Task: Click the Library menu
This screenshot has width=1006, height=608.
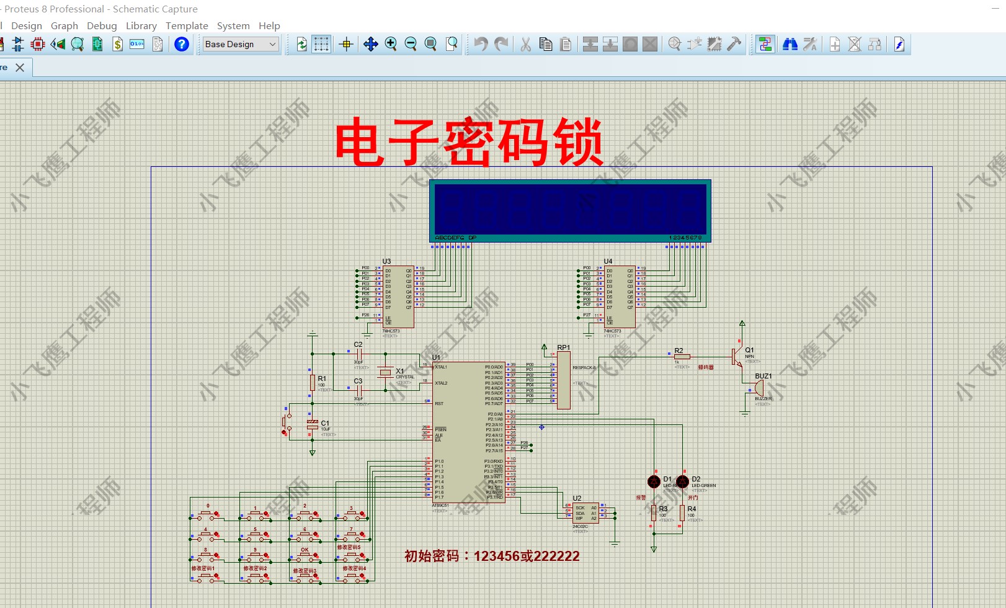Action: click(x=141, y=25)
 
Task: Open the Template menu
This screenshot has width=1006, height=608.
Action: click(x=187, y=25)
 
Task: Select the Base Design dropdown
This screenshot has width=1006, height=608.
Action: click(x=241, y=44)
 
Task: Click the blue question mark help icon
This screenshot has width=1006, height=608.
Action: click(x=182, y=44)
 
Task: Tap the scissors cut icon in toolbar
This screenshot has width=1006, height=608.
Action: click(x=526, y=44)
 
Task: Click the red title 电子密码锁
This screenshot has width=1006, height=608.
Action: click(x=469, y=142)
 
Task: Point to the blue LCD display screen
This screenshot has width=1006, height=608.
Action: click(x=570, y=209)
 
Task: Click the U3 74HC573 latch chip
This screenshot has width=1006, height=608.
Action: click(x=398, y=297)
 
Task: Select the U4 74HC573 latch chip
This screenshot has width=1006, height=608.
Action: click(x=620, y=297)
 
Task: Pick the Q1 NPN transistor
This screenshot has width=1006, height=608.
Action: click(x=736, y=357)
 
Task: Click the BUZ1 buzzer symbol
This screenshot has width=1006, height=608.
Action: click(x=759, y=388)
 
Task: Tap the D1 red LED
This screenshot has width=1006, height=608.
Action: click(x=654, y=481)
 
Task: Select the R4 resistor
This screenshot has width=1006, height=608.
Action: click(x=682, y=512)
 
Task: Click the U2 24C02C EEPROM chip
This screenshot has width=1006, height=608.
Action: click(x=585, y=512)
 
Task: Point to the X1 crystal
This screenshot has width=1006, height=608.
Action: click(x=386, y=372)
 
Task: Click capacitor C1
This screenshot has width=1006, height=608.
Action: click(x=313, y=424)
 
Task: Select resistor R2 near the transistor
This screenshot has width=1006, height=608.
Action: click(x=682, y=357)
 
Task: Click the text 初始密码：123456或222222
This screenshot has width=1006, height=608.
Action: click(x=492, y=556)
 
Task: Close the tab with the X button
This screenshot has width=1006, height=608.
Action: click(x=20, y=68)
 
